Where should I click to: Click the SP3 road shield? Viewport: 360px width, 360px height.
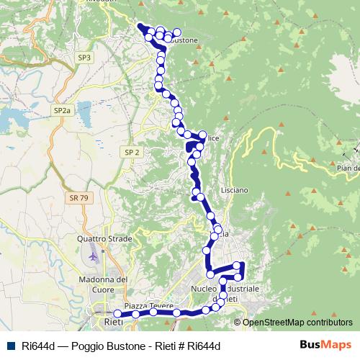(x=84, y=57)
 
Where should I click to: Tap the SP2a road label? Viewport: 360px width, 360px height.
(x=62, y=110)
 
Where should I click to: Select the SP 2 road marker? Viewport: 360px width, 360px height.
(x=131, y=153)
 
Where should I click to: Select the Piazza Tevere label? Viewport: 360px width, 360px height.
(x=149, y=306)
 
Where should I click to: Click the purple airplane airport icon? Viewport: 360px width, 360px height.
(x=93, y=254)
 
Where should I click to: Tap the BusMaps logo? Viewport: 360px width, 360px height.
(x=325, y=345)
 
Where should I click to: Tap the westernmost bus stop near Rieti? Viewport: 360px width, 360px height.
(x=117, y=314)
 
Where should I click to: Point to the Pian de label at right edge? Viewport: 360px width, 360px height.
(x=347, y=168)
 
